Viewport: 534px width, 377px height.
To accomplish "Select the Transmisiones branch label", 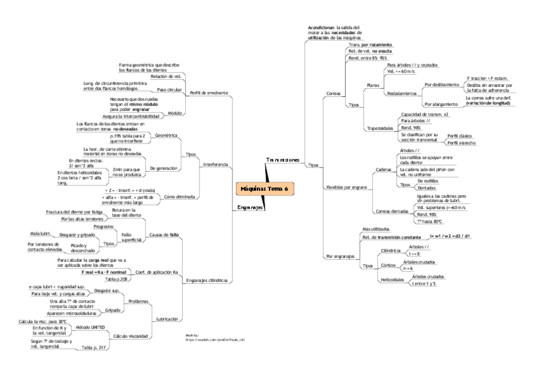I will click(283, 160).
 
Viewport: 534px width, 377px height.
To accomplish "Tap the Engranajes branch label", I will click(250, 207).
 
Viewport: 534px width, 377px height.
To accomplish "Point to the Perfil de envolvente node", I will click(209, 92).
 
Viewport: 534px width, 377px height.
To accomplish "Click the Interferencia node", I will click(215, 164).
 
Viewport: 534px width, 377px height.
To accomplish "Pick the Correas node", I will click(333, 93).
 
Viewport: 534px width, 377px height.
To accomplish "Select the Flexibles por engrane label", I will click(346, 188).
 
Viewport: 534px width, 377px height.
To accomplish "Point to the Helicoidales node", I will click(392, 279).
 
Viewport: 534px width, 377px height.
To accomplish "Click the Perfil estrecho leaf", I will click(461, 143).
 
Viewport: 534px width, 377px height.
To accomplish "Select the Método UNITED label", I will click(90, 328).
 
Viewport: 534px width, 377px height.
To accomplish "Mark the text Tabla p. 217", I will click(94, 347).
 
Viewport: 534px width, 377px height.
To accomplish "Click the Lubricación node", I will click(166, 319).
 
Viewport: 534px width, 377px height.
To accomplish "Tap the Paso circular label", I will click(169, 90).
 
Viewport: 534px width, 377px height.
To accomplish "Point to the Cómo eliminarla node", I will click(178, 197).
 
